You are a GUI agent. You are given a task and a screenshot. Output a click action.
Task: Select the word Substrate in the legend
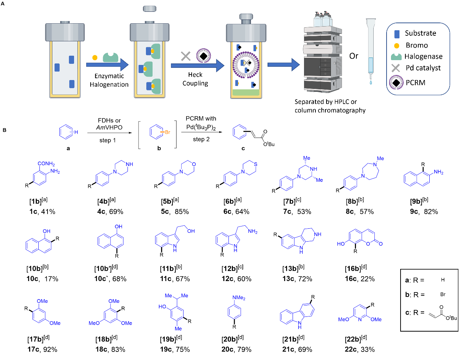click(420, 33)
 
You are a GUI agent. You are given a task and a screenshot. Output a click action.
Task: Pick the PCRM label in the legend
click(415, 83)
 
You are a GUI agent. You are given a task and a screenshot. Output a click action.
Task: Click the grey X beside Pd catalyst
click(395, 68)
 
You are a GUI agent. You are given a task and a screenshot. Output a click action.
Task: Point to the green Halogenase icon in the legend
click(396, 56)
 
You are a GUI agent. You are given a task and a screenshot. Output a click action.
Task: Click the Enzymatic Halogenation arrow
click(107, 65)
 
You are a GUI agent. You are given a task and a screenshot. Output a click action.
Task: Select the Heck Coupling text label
click(195, 79)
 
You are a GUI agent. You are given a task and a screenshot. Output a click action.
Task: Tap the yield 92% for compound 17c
click(50, 349)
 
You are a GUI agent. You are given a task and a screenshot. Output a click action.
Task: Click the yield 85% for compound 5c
click(182, 212)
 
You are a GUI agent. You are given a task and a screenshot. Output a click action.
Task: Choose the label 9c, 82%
click(424, 212)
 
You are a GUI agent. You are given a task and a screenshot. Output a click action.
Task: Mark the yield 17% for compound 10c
click(51, 279)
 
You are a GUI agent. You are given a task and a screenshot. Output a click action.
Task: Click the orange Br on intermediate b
click(167, 132)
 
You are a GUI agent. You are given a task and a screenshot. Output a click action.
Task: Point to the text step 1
click(108, 140)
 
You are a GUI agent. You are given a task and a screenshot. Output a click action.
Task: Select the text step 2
click(201, 139)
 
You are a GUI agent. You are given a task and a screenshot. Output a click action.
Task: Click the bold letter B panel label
click(4, 130)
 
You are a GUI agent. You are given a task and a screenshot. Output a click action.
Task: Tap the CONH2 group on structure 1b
click(46, 164)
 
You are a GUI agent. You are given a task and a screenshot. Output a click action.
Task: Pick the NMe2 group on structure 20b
click(238, 298)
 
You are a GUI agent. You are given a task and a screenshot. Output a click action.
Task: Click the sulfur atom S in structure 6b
click(255, 164)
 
